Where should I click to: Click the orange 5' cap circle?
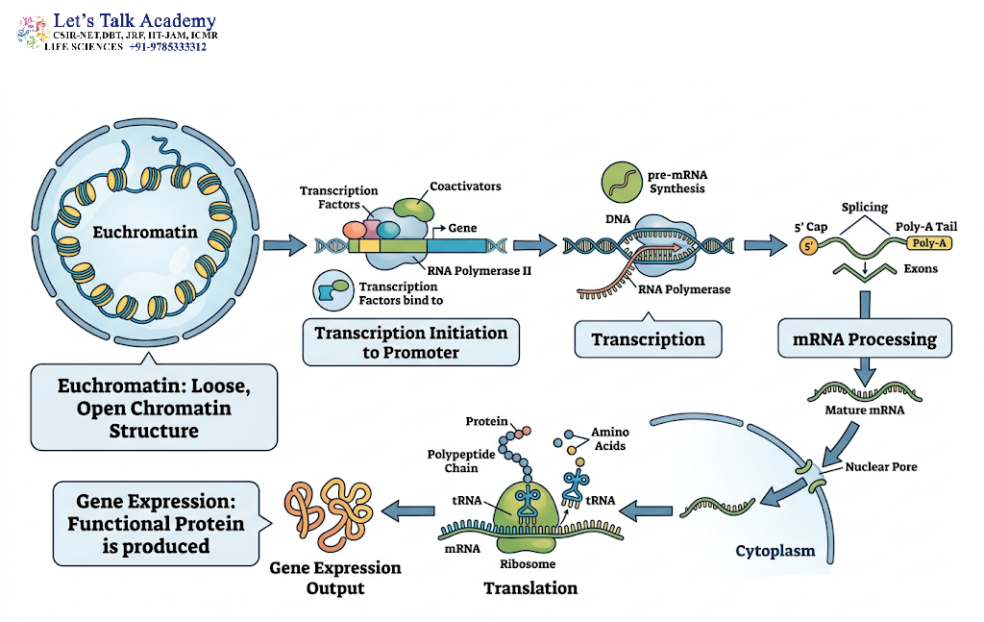809,246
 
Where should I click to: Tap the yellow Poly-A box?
929,243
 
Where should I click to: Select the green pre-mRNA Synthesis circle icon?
622,182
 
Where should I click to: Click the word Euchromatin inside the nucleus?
145,233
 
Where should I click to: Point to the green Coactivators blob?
414,209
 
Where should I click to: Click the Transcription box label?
649,339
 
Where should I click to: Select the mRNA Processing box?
865,339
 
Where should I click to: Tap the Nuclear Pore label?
881,466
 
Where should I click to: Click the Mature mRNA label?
865,410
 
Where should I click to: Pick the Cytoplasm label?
775,551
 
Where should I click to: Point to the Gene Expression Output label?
335,578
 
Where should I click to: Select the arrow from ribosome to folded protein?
407,511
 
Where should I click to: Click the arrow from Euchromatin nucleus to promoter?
284,245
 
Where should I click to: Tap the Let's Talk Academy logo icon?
33,32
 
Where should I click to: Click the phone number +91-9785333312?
167,47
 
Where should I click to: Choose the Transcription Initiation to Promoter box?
411,342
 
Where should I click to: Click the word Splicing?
865,207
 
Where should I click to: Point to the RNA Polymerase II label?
480,271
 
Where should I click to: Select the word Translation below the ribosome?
530,588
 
